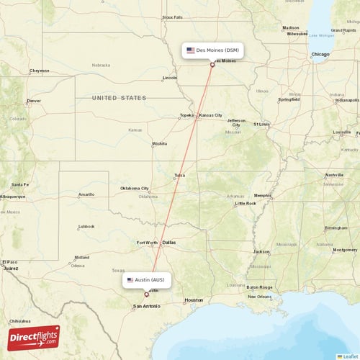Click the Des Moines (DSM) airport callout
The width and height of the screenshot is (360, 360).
pos(212,50)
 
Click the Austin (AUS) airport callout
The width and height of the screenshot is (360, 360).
pos(147,279)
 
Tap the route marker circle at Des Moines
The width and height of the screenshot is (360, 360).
pos(212,65)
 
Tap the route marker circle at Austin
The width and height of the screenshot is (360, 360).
pos(146,294)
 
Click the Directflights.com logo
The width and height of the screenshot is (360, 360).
pos(34,337)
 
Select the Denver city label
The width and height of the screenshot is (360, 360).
pos(34,101)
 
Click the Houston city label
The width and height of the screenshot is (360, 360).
pos(194,300)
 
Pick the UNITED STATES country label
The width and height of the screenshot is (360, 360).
pos(119,98)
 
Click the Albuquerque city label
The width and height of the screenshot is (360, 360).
pos(12,196)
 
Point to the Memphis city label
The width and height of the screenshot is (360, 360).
pos(263,195)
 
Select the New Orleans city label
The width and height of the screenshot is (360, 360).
pos(260,297)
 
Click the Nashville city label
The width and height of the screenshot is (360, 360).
pos(334,175)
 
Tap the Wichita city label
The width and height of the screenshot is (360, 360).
pos(159,143)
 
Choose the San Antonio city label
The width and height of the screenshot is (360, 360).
pos(146,306)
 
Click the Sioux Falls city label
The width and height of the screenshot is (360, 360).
pos(173,17)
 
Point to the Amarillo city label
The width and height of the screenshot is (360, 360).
pos(86,194)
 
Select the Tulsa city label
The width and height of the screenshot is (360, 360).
pos(179,175)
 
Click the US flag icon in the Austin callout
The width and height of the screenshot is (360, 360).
pos(130,279)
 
